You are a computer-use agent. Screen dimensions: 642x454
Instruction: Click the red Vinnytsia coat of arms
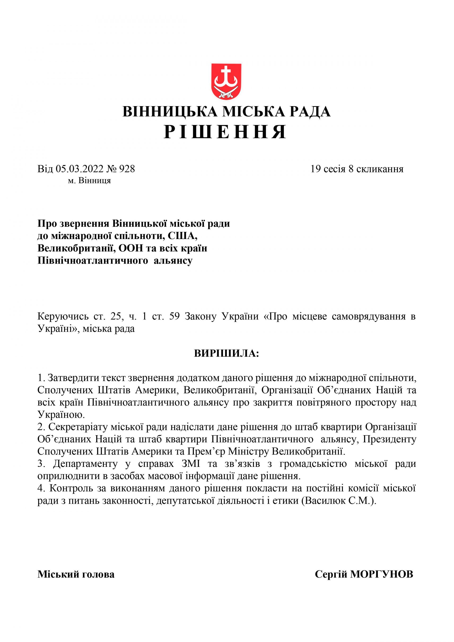coord(226,81)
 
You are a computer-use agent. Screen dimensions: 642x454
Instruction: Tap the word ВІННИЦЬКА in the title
coord(170,112)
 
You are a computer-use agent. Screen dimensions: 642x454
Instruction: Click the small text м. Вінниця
coord(89,181)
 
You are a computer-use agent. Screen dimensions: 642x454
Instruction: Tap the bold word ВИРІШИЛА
coord(226,353)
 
